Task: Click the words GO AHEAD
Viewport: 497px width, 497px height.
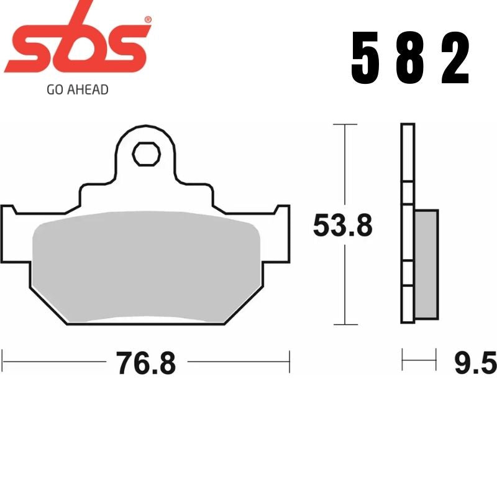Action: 78,89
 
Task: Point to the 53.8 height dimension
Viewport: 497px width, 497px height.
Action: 342,226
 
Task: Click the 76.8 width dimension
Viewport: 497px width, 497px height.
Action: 146,363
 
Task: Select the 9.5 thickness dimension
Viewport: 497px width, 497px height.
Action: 475,363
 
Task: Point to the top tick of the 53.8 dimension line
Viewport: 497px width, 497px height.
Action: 345,125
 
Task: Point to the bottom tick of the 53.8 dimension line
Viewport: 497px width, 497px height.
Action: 345,324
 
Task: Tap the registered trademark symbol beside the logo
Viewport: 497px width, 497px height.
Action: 147,20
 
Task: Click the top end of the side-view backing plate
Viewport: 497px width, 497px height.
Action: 408,127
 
